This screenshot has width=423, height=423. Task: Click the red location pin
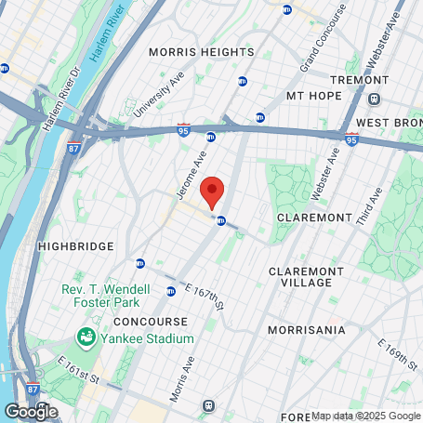click(x=213, y=192)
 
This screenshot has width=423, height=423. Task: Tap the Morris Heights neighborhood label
click(x=202, y=53)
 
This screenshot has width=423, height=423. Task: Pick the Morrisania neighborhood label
click(x=306, y=330)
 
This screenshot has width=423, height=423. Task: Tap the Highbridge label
click(x=75, y=245)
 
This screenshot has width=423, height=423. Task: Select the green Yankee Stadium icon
click(x=86, y=336)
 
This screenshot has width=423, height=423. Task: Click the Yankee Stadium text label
click(x=148, y=339)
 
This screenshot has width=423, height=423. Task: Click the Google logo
click(x=31, y=410)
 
